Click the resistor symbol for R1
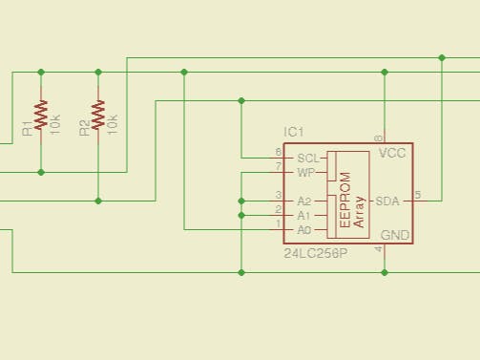click(40, 115)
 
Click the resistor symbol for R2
click(98, 115)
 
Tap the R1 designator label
click(28, 127)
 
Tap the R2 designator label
click(85, 127)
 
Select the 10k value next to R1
click(55, 123)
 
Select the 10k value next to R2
click(113, 123)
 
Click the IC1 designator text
click(293, 131)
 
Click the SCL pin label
click(307, 158)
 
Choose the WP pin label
click(305, 173)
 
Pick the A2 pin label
click(304, 201)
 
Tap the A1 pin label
click(304, 216)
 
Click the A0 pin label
click(304, 230)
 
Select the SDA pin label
click(387, 201)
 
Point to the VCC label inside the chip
click(392, 153)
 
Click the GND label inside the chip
click(394, 235)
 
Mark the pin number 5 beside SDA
click(417, 195)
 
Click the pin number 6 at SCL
click(278, 152)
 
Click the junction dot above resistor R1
click(40, 72)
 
